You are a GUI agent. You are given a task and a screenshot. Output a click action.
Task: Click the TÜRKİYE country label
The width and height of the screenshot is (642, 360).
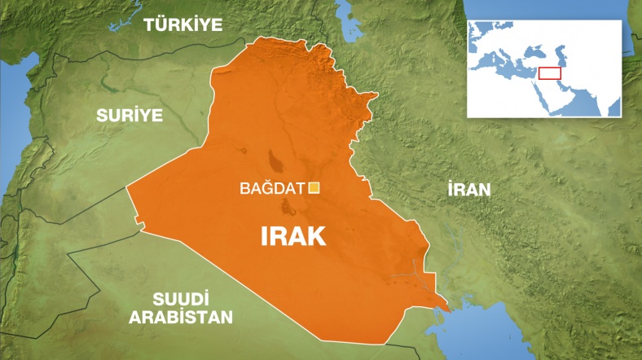182,25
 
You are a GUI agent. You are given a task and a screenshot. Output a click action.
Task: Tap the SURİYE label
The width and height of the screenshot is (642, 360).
130,114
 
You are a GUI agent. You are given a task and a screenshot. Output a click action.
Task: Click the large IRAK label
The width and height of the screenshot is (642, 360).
292,235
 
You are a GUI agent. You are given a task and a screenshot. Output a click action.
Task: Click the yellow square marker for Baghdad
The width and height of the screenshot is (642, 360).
314,188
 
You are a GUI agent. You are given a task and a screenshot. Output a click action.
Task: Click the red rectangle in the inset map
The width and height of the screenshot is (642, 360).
550,72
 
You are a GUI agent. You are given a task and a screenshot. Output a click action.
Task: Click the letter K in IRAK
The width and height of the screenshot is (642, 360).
315,235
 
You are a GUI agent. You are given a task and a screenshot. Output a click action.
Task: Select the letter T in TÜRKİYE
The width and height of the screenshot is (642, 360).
151,25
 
